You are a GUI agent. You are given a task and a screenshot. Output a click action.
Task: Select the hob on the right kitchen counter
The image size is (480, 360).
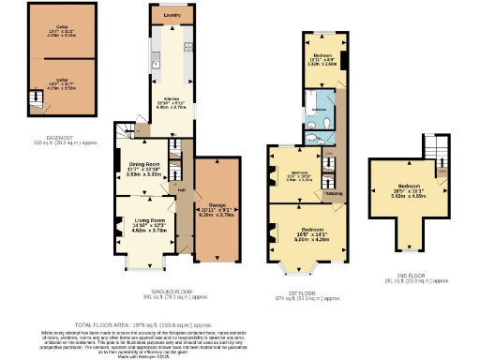pyautogui.click(x=187, y=47)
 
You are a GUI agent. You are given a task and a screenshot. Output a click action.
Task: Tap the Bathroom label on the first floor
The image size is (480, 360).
pyautogui.click(x=319, y=110)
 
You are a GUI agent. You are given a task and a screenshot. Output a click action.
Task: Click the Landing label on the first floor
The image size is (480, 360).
pyautogui.click(x=332, y=194)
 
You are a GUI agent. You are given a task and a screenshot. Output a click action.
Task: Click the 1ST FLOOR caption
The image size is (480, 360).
pyautogui.click(x=310, y=293)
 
